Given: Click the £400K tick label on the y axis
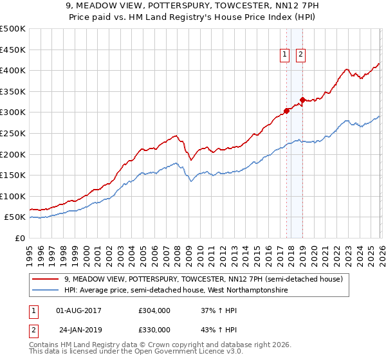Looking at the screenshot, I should point(13,70).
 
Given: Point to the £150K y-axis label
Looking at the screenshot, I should point(13,175).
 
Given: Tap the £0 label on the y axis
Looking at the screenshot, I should point(20,238).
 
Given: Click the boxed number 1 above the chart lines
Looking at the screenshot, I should point(284,55).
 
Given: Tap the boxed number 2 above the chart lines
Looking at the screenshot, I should point(300,55).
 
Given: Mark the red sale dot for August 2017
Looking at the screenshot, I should point(286,111).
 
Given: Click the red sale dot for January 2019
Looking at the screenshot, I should point(302,100).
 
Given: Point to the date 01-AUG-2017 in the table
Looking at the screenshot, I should point(79,311).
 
